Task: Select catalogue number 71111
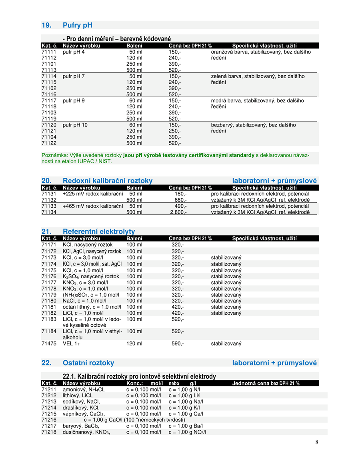[x=49, y=52]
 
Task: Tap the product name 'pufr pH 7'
[x=74, y=76]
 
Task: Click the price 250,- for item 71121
[x=175, y=131]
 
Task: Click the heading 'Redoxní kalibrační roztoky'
[x=107, y=181]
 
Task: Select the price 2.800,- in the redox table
[x=178, y=212]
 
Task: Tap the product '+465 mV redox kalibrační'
[x=93, y=206]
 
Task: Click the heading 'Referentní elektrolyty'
[x=99, y=231]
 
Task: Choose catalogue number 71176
[x=49, y=276]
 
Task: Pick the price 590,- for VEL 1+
[x=178, y=343]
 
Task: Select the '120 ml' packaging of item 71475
[x=134, y=343]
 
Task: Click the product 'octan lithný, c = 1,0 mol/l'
[x=92, y=307]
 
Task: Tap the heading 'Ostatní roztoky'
[x=88, y=363]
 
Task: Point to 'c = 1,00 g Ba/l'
[x=186, y=426]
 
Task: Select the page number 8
[x=317, y=442]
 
